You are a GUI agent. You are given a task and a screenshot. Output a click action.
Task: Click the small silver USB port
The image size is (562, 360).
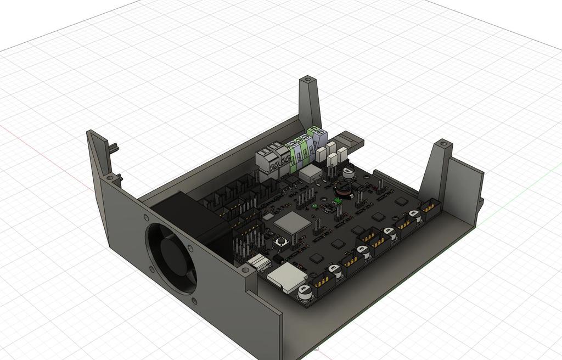click(x=258, y=261)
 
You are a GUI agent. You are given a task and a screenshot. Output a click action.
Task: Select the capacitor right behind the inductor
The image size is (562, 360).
click(x=348, y=173)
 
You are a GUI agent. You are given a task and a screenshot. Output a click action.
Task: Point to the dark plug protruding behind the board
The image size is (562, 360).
click(x=351, y=142)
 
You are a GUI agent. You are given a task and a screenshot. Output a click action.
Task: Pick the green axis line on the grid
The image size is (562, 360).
click(x=521, y=192)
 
